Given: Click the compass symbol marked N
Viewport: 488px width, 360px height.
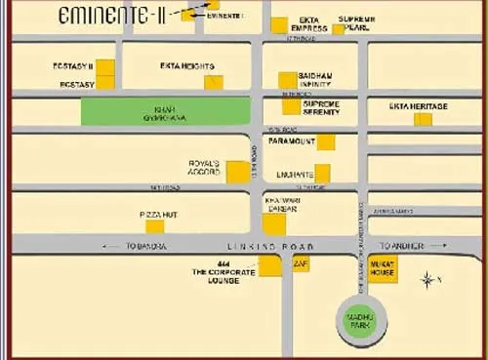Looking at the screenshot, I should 428,280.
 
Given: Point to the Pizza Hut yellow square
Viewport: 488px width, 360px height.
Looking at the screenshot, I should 154,226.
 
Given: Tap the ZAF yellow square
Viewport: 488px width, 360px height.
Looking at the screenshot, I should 301,264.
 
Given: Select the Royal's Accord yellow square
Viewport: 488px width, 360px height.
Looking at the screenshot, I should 237,172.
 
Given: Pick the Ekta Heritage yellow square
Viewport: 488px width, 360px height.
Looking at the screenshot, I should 423,119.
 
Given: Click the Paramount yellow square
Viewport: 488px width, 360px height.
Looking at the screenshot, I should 326,141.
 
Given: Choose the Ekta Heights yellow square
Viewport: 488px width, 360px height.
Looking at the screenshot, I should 213,82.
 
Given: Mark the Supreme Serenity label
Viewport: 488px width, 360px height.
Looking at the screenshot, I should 322,107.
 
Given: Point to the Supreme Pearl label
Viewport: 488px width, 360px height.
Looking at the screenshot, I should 357,23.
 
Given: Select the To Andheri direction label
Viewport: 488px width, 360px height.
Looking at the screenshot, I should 403,246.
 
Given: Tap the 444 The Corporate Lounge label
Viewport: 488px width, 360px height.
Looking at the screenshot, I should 224,271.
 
